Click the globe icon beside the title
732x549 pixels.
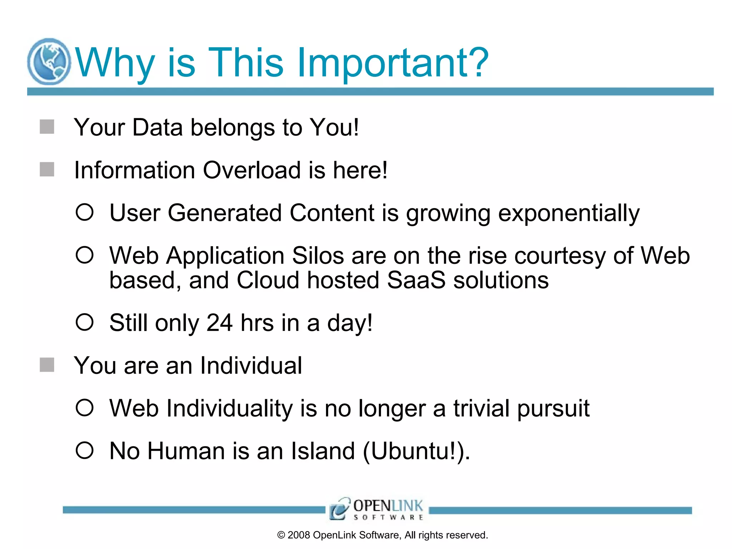pos(49,61)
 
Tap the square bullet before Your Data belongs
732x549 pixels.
pos(47,127)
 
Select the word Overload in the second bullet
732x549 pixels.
pos(252,170)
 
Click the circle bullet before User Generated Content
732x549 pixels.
pos(85,212)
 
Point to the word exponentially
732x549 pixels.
pos(569,214)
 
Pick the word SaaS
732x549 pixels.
pos(416,280)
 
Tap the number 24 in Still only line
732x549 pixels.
pos(219,323)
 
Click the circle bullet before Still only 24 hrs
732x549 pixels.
pos(85,322)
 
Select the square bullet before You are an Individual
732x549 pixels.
pos(47,365)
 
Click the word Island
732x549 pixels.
pos(323,451)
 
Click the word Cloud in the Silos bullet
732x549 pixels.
pos(267,280)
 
